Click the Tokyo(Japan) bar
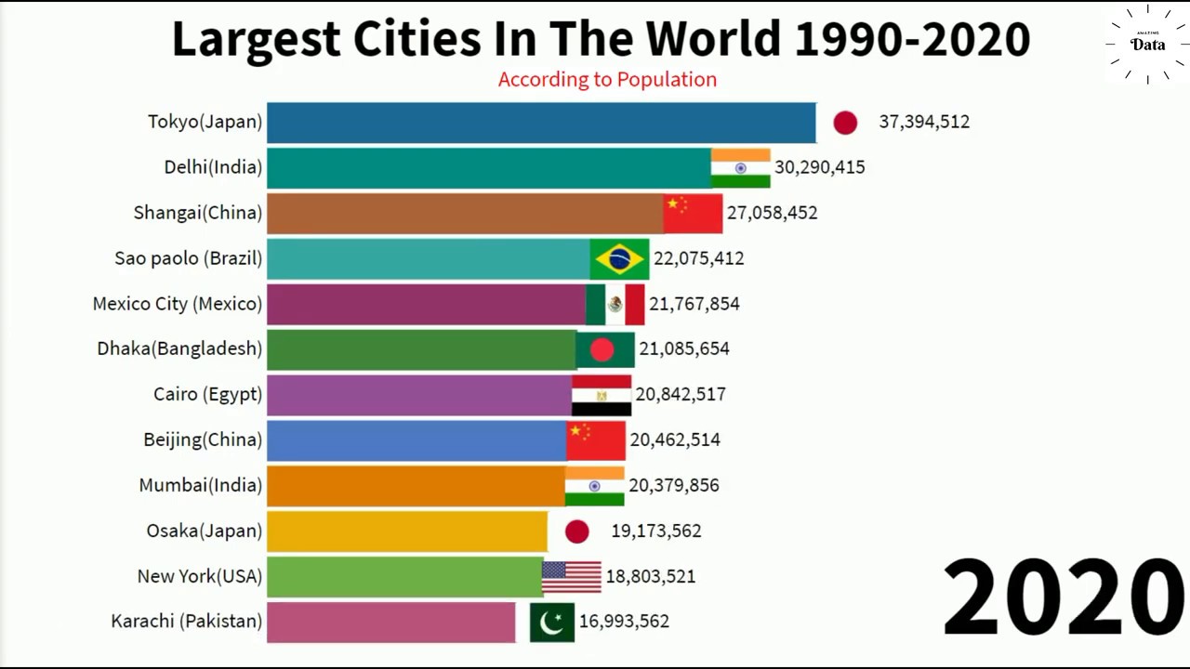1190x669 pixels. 541,123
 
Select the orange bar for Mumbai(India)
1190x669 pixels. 416,485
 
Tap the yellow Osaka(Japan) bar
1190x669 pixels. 407,531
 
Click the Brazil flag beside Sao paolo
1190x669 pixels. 619,258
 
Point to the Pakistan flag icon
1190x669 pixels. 552,622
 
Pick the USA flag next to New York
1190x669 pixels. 572,576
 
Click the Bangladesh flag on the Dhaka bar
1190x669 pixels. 605,349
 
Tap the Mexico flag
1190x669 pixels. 615,304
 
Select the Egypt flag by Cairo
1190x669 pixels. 602,395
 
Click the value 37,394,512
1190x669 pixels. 924,122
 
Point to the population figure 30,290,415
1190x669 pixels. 819,167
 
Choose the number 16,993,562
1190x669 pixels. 624,621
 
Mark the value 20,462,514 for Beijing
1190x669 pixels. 675,439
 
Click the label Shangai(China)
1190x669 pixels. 197,213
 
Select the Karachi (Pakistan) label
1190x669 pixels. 186,621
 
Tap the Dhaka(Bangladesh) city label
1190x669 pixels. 179,348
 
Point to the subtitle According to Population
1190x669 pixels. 607,79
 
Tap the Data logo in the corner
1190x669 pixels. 1148,45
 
